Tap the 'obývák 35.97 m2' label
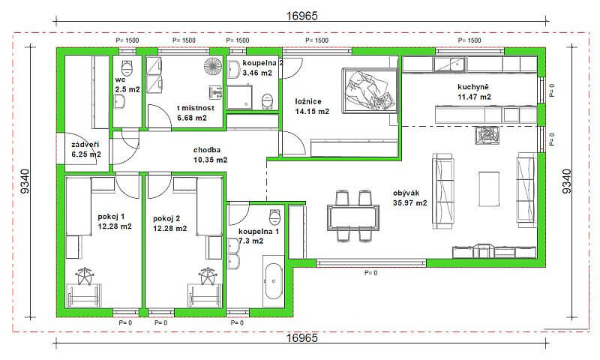[409, 198]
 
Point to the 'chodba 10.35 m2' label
[210, 154]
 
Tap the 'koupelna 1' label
[259, 236]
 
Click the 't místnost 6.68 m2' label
[196, 112]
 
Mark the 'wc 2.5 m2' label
[127, 84]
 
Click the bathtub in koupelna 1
[273, 283]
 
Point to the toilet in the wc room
[127, 67]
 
